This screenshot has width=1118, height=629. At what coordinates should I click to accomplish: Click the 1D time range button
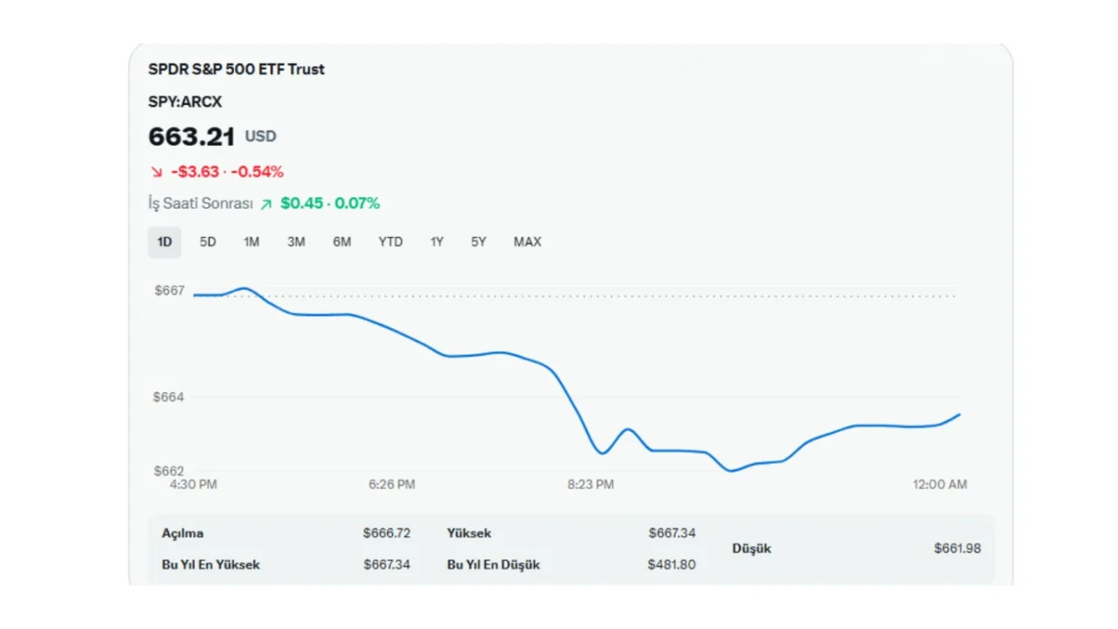164,242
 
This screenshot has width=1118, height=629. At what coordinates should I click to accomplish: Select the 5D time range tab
208,242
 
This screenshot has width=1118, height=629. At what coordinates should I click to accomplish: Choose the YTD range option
390,242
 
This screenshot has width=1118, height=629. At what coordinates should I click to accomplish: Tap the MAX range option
527,242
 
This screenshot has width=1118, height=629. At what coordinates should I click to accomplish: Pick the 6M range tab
342,242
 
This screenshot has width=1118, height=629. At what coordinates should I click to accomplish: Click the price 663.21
191,136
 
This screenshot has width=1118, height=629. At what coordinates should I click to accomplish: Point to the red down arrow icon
156,172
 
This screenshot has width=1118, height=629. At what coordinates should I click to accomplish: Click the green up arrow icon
266,204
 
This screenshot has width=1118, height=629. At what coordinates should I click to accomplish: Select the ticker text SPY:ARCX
185,102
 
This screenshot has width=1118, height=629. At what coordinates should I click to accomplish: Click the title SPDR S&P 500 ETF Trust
236,69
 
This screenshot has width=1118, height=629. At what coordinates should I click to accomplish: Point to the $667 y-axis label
169,291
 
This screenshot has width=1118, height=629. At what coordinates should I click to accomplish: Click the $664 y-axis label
169,397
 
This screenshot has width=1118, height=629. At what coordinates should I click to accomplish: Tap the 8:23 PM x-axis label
590,484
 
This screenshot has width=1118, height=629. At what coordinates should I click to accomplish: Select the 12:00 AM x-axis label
940,484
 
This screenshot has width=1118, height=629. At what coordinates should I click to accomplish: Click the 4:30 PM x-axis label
193,484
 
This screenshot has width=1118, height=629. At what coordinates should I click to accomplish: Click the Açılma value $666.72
387,533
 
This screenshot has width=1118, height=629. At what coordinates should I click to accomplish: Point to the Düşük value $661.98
957,549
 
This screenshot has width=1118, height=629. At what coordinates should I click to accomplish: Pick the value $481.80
672,564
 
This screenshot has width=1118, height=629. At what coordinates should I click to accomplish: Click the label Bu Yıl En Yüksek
210,564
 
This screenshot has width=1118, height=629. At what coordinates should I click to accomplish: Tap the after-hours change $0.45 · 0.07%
330,204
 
